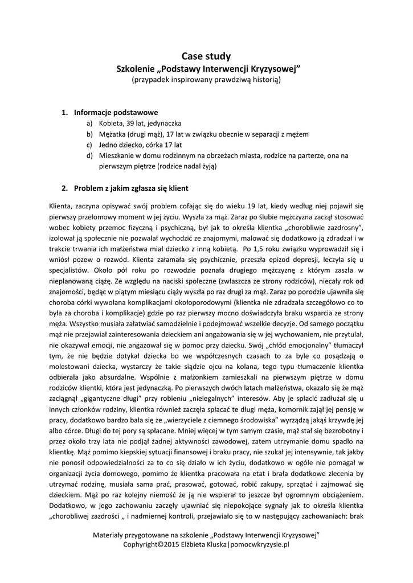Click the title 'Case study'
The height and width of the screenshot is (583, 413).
(206, 56)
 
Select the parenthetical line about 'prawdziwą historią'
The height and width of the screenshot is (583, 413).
(206, 80)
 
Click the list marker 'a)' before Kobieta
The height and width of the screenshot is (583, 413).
(89, 123)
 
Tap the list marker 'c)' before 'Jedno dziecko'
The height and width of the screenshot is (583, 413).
(89, 145)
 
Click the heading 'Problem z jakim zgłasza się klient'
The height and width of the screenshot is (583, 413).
(131, 187)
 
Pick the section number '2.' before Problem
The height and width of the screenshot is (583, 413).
(65, 187)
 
